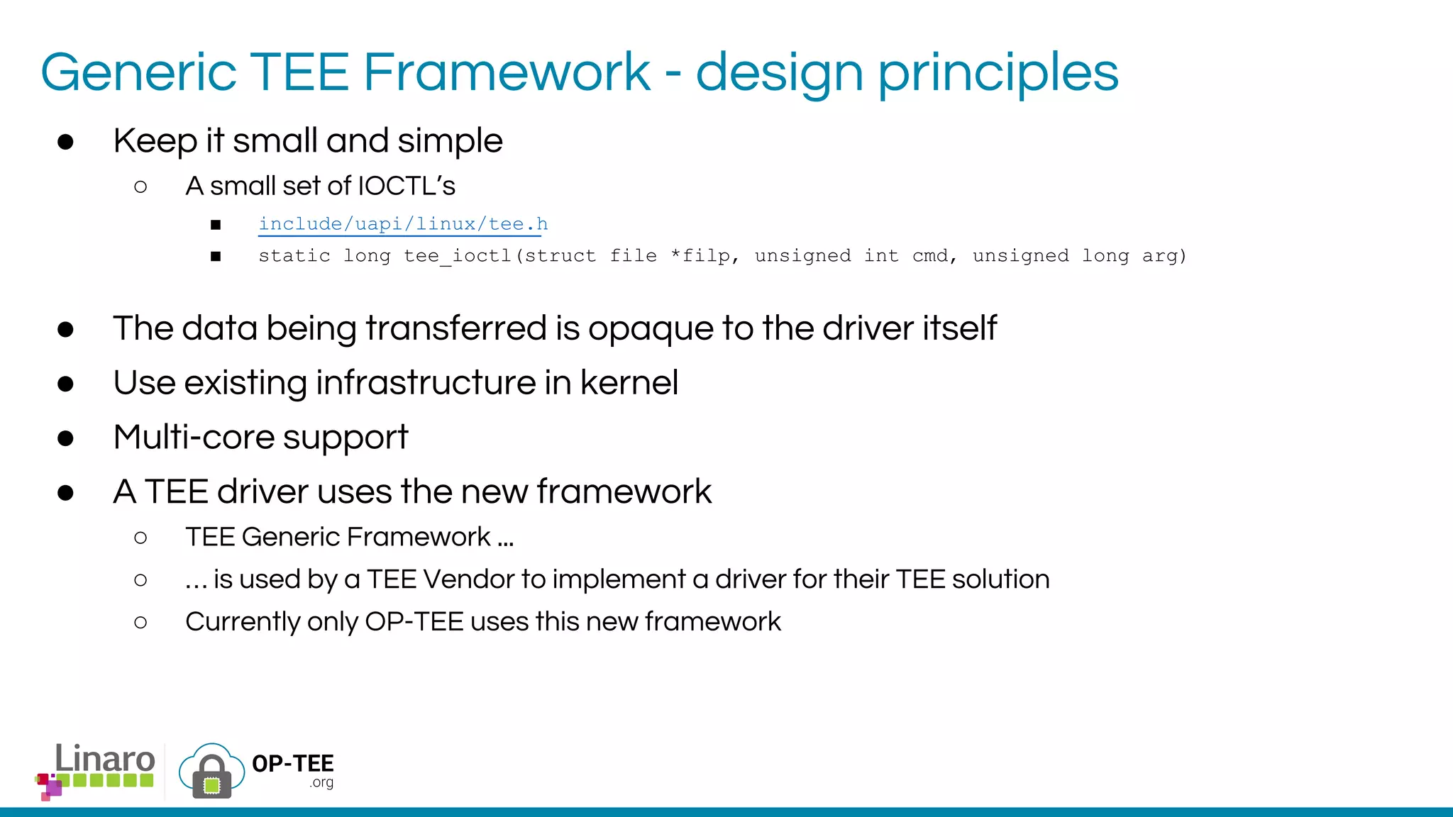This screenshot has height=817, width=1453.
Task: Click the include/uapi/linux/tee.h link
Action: [403, 224]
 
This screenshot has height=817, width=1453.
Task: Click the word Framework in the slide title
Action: [507, 72]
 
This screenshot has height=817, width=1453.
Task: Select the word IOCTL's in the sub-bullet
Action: [407, 186]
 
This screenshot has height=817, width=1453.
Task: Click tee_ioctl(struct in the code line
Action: [500, 256]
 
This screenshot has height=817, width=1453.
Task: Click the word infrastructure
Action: [425, 383]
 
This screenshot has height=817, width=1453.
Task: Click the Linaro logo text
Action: [104, 760]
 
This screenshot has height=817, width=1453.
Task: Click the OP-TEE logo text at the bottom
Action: [292, 764]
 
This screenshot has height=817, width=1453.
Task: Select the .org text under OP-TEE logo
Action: [321, 783]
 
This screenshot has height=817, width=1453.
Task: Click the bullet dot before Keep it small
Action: [66, 142]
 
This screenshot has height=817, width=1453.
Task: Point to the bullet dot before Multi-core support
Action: [66, 438]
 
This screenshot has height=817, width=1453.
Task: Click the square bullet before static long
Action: [216, 257]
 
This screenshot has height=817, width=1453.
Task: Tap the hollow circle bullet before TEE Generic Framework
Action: [140, 538]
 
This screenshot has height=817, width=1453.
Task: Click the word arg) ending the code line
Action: [1164, 256]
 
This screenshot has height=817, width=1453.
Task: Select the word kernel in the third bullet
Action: [629, 383]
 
